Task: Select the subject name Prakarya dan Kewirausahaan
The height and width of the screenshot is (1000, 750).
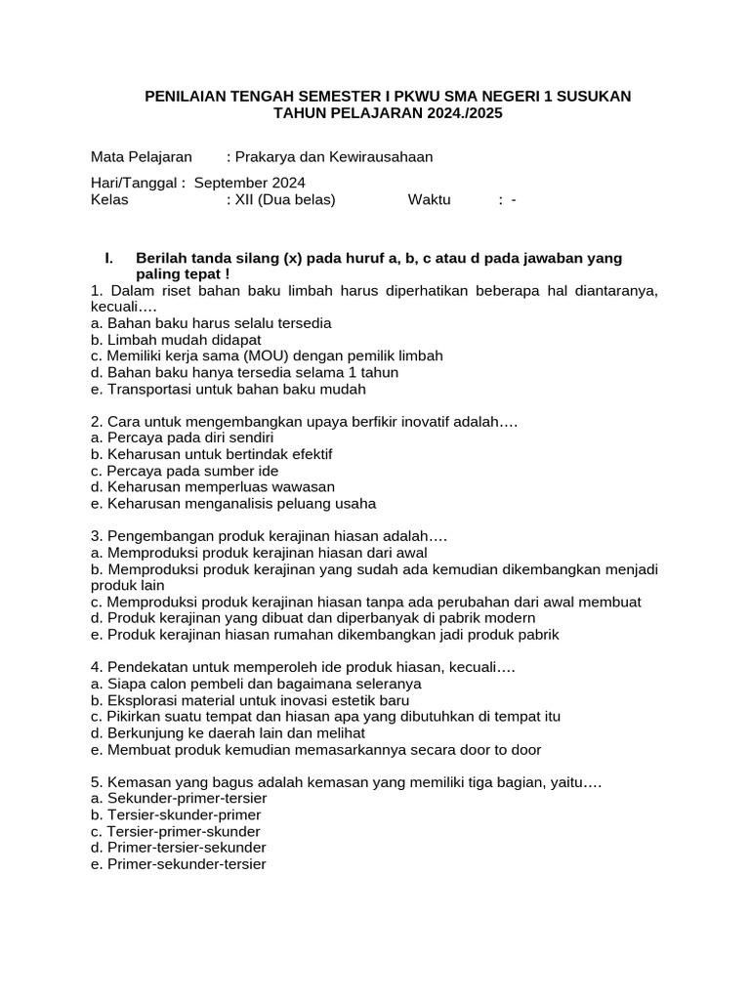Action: pos(333,156)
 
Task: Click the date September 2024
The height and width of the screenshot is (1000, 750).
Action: pos(250,183)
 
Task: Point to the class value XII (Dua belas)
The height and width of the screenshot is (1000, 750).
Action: pos(284,199)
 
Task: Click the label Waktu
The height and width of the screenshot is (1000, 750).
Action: pos(429,199)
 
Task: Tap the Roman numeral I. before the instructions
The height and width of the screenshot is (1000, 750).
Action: pos(108,258)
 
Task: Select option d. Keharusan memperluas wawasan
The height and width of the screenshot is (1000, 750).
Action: pos(212,487)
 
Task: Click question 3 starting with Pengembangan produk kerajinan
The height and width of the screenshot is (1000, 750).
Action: pos(269,537)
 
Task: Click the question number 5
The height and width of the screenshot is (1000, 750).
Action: pos(96,782)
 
